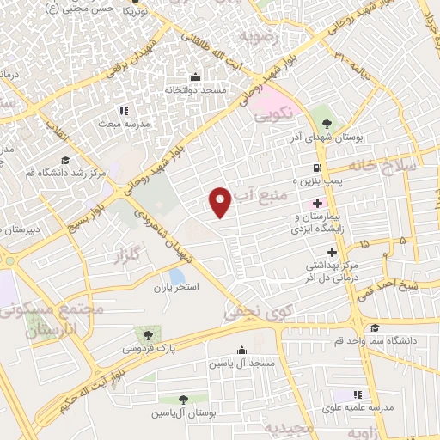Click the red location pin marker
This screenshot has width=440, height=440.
pos(221,200)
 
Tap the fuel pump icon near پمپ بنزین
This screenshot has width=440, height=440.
pos(318,168)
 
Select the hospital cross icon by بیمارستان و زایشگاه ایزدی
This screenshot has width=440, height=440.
pos(318,203)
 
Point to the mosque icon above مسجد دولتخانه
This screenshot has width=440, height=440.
pos(196,76)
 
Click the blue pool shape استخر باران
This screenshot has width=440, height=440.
pos(176,276)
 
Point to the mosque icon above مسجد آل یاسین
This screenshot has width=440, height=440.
pos(241,350)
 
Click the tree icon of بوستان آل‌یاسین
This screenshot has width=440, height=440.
pos(184,400)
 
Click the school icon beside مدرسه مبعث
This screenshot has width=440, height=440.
pos(123,110)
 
